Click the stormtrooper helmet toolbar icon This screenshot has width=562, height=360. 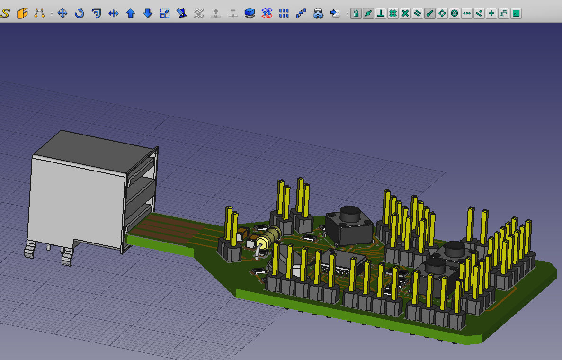318,13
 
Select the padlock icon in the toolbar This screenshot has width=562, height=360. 356,13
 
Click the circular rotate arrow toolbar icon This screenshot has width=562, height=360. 79,13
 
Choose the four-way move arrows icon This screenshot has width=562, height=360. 62,13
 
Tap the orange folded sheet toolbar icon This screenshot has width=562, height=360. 22,13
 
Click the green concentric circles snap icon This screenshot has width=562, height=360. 455,13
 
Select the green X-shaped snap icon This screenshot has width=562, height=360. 405,13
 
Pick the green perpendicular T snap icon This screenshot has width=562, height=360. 380,13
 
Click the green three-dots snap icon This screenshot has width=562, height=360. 467,13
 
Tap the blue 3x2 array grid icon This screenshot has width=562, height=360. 284,13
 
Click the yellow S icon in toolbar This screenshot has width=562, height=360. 5,13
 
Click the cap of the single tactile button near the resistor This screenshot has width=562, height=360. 349,214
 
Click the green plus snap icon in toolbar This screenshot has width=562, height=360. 491,13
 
